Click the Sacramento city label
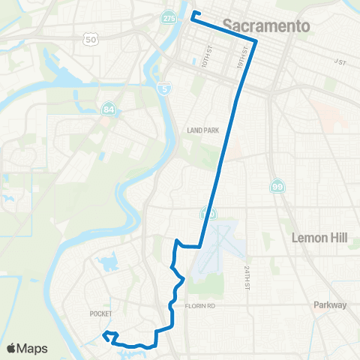point(266,26)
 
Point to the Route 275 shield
point(169,16)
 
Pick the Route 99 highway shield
point(277,185)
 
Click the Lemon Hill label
point(319,238)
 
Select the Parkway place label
point(331,305)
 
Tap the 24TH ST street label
point(245,277)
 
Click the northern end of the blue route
point(193,13)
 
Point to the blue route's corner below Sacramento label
point(256,41)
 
